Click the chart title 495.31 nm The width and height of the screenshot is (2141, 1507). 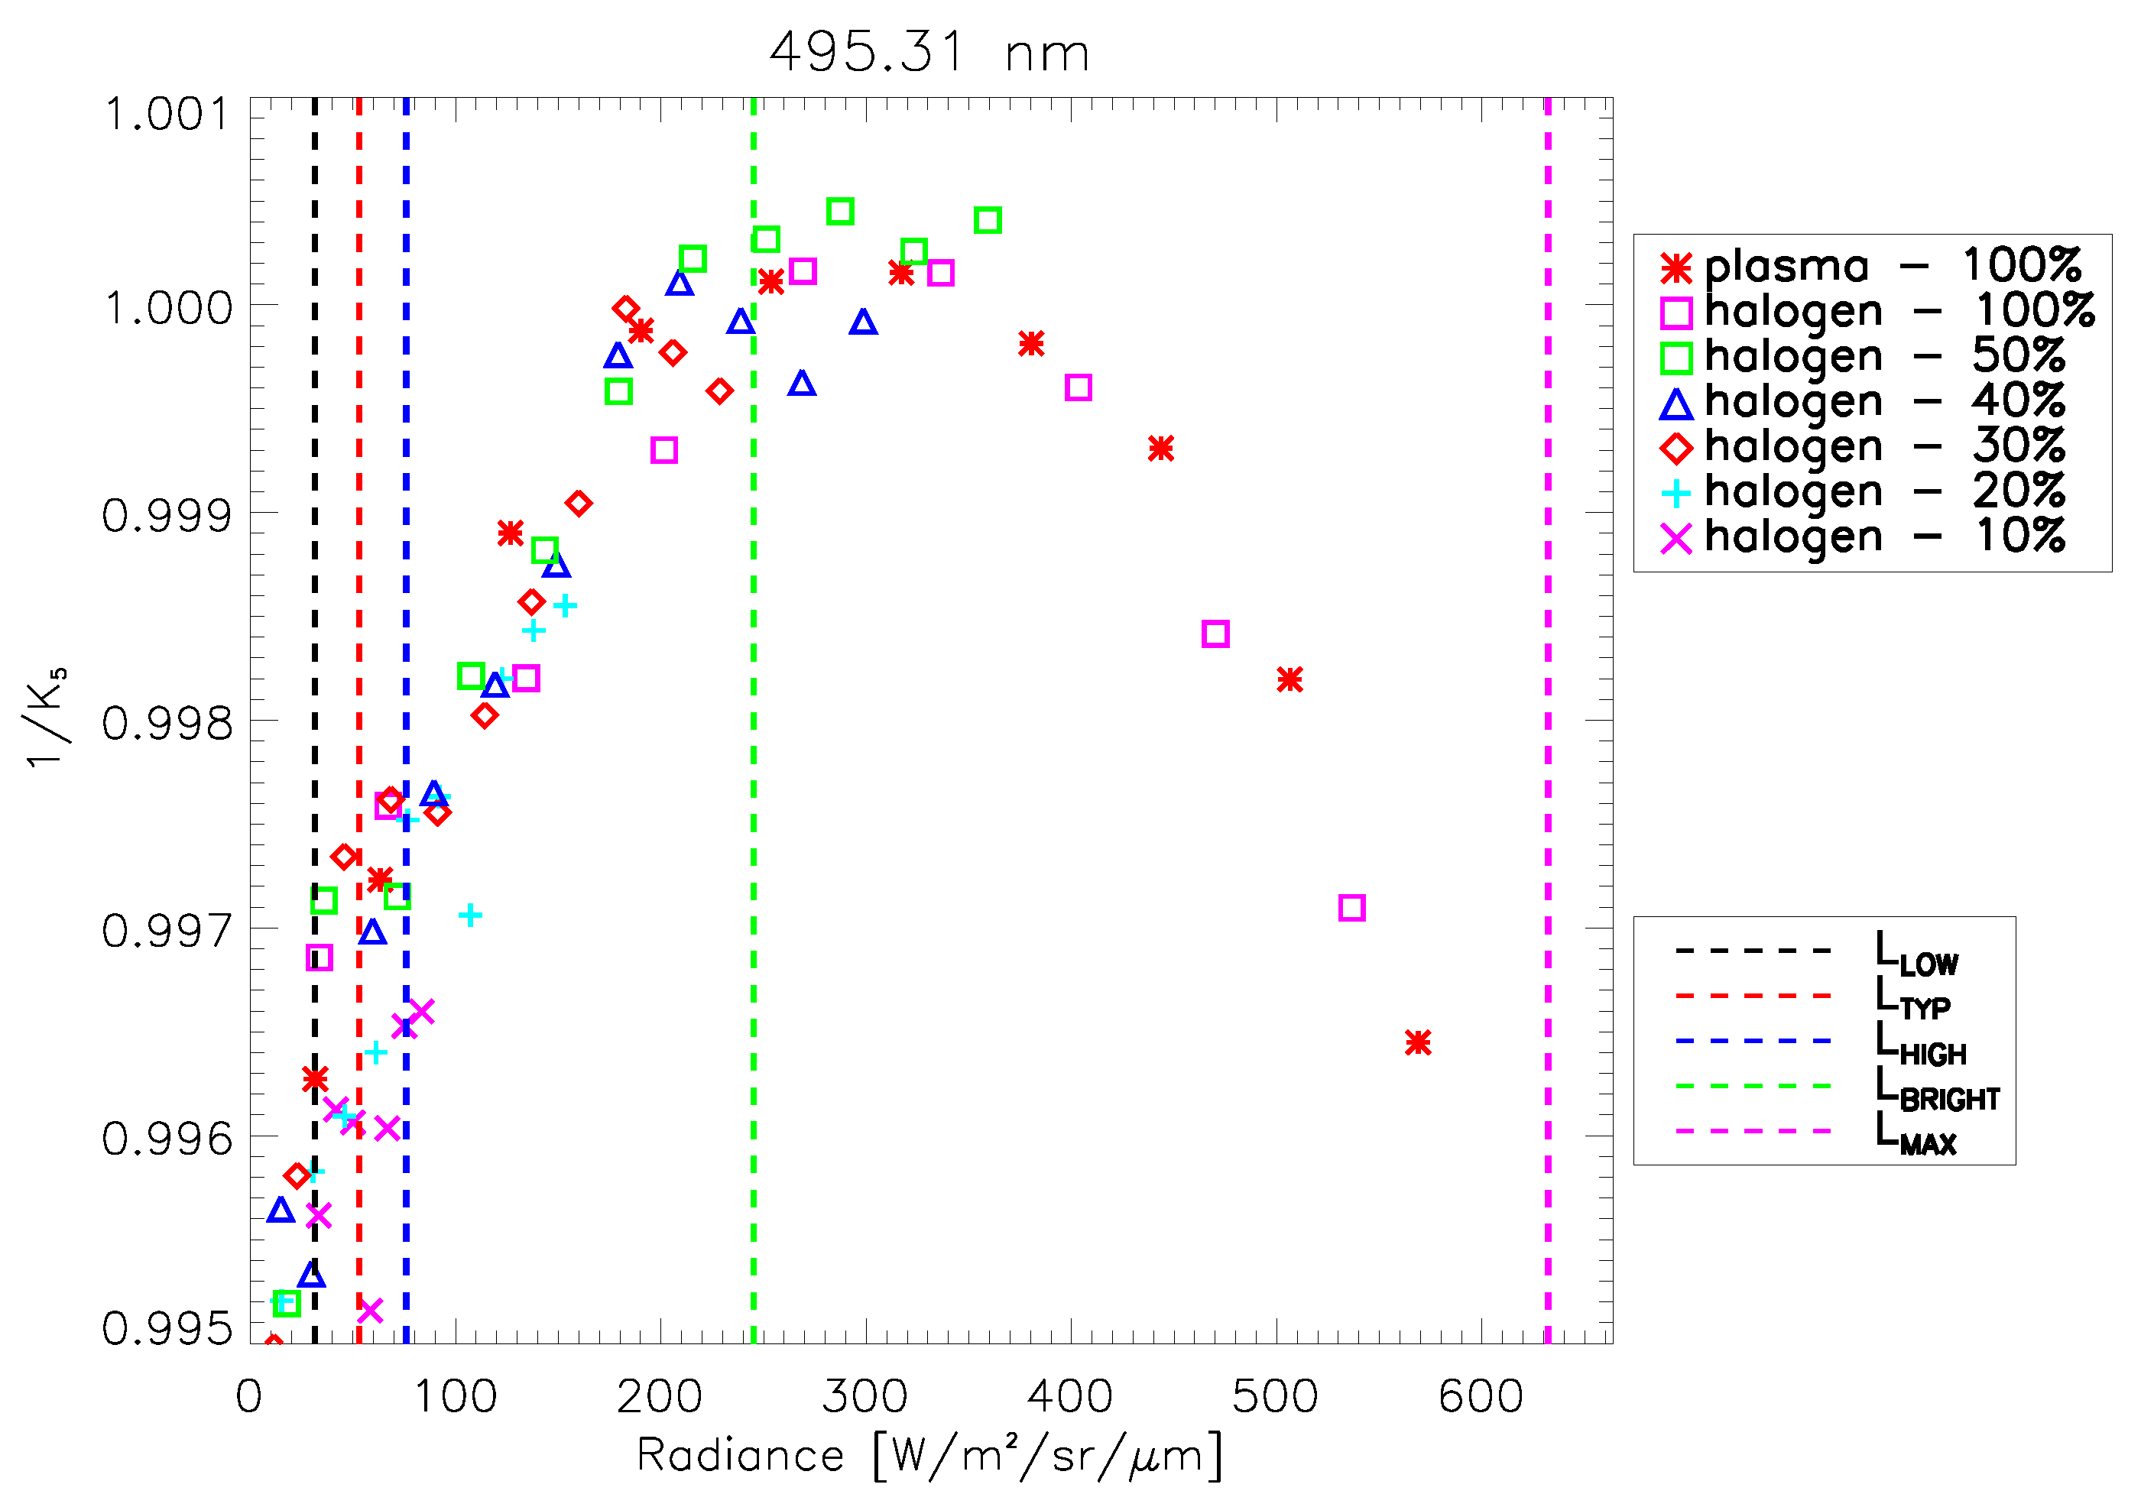pyautogui.click(x=929, y=52)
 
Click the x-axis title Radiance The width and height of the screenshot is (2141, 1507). pyautogui.click(x=929, y=1456)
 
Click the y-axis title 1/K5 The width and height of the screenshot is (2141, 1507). pyautogui.click(x=45, y=718)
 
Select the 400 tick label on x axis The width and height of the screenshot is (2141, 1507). pyautogui.click(x=1069, y=1397)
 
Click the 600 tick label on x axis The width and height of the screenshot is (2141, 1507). pyautogui.click(x=1480, y=1397)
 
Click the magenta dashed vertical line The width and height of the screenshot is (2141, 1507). pyautogui.click(x=1548, y=653)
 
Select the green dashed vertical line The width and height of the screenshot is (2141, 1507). pyautogui.click(x=754, y=653)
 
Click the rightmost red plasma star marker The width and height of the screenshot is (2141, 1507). pyautogui.click(x=1417, y=1042)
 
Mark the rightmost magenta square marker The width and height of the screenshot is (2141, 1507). pyautogui.click(x=1351, y=907)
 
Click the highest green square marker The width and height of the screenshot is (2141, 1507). pyautogui.click(x=840, y=212)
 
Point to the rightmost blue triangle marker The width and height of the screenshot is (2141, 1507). pyautogui.click(x=862, y=322)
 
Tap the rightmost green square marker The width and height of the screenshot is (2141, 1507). pyautogui.click(x=988, y=221)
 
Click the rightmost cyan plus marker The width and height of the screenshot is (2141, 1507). pyautogui.click(x=565, y=606)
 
